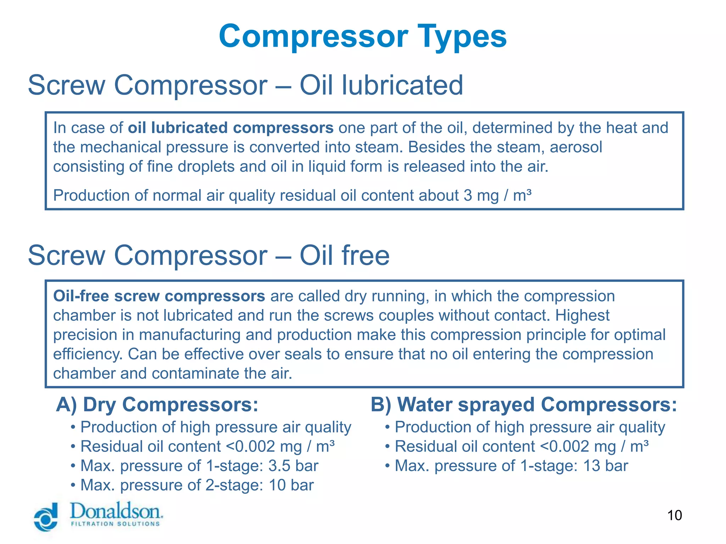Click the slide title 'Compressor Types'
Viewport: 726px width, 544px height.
click(363, 36)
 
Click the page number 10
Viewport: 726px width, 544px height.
click(674, 515)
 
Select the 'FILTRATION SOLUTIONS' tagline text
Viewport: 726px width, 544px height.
click(116, 524)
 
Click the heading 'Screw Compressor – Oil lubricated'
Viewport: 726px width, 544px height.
click(245, 85)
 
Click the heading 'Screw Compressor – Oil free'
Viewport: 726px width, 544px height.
click(208, 255)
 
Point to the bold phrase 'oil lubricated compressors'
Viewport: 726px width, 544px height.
click(230, 128)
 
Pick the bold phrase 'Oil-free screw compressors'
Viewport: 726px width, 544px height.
click(159, 296)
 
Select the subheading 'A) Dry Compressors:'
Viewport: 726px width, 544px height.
click(157, 405)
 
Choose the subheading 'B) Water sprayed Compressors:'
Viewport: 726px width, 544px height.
click(524, 405)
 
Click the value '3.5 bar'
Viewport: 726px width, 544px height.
click(293, 466)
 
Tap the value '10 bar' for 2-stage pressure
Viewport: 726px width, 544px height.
click(291, 486)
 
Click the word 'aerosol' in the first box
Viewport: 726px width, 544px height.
click(576, 147)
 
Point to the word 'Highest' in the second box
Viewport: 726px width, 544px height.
click(582, 316)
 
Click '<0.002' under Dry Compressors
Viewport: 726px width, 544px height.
click(250, 447)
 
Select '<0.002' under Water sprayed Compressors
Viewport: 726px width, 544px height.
click(565, 447)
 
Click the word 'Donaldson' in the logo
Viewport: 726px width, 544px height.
click(116, 511)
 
